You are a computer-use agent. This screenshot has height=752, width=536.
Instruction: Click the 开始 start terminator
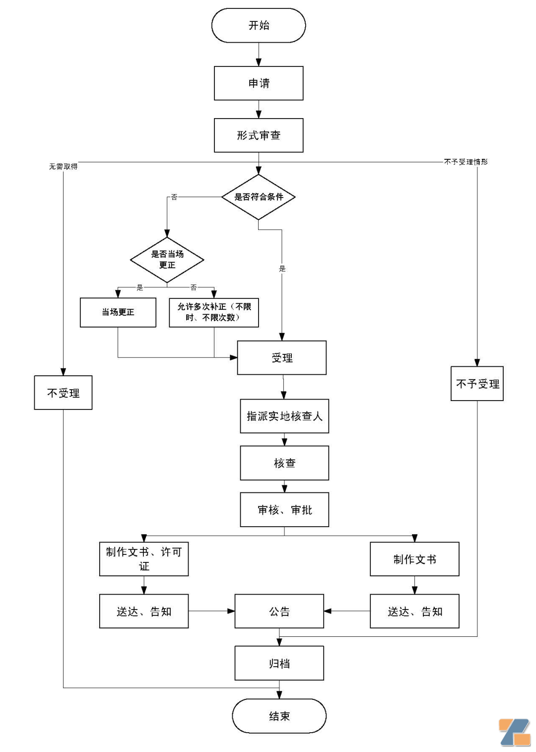pyautogui.click(x=259, y=25)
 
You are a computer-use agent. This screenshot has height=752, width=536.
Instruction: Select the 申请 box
pyautogui.click(x=259, y=83)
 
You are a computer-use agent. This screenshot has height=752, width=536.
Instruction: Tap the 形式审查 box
pyautogui.click(x=259, y=135)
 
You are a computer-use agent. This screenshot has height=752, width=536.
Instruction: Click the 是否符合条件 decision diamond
pyautogui.click(x=259, y=197)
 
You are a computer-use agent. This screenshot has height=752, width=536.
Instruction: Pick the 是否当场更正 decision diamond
pyautogui.click(x=167, y=260)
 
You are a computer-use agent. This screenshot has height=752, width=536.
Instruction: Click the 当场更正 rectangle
pyautogui.click(x=118, y=312)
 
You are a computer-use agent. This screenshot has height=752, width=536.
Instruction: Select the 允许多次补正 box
pyautogui.click(x=214, y=312)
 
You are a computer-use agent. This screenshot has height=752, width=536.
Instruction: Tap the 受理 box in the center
pyautogui.click(x=282, y=358)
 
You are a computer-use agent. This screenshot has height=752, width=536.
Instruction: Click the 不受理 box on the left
pyautogui.click(x=63, y=393)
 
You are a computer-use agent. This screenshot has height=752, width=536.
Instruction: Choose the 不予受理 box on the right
pyautogui.click(x=477, y=384)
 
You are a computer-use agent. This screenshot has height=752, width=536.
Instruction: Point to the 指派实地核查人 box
pyautogui.click(x=284, y=416)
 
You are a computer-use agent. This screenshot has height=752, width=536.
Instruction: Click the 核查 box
pyautogui.click(x=284, y=463)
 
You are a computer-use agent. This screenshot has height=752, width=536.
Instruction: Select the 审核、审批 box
pyautogui.click(x=284, y=510)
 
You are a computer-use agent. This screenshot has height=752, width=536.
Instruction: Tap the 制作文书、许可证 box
pyautogui.click(x=144, y=559)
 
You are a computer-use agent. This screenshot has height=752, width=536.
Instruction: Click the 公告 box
pyautogui.click(x=279, y=612)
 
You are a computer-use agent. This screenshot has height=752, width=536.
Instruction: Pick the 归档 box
pyautogui.click(x=279, y=663)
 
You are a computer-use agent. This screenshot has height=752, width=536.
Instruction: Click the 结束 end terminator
pyautogui.click(x=279, y=716)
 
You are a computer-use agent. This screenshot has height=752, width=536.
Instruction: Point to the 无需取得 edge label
pyautogui.click(x=63, y=166)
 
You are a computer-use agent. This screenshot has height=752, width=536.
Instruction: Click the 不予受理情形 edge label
pyautogui.click(x=466, y=162)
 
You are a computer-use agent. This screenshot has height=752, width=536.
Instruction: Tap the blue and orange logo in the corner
pyautogui.click(x=515, y=732)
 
